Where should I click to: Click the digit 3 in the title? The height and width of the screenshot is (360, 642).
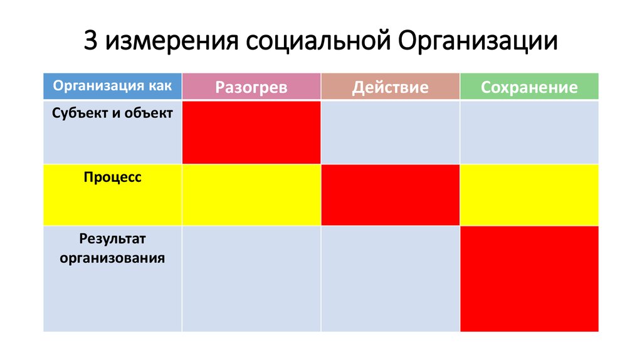click(92, 41)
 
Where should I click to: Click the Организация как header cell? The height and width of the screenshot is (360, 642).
click(112, 86)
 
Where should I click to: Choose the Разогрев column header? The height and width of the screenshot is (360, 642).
click(251, 87)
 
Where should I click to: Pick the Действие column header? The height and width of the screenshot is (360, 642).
click(390, 87)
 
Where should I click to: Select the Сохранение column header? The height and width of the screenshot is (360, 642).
click(529, 87)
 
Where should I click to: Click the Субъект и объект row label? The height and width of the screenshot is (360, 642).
click(113, 114)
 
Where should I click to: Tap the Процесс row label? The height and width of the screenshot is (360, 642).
click(113, 177)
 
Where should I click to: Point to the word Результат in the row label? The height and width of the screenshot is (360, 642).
click(113, 239)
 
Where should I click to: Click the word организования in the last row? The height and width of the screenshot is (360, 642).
click(113, 257)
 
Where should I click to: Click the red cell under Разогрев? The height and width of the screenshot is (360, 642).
click(251, 132)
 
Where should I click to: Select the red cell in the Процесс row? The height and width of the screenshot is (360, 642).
click(390, 194)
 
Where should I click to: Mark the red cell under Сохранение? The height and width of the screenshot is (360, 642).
click(529, 278)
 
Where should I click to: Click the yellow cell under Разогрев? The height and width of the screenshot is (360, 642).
click(251, 194)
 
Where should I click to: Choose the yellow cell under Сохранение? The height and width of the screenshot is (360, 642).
click(529, 194)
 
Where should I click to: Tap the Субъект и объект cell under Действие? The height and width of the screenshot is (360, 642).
click(390, 132)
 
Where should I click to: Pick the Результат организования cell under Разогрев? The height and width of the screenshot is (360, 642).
click(251, 278)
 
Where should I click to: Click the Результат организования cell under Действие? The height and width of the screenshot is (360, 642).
click(390, 278)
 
